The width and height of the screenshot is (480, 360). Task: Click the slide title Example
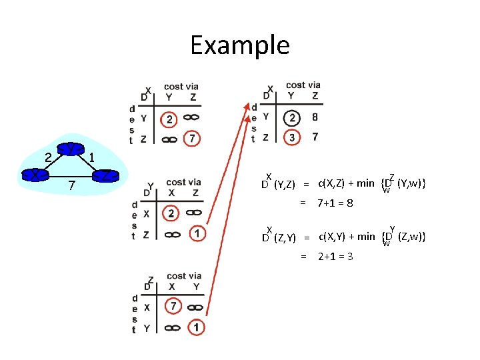point(239,45)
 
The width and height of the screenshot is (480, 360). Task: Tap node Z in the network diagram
point(105,177)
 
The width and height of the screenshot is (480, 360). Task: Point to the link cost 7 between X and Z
point(71,184)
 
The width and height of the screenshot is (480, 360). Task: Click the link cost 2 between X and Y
point(48,157)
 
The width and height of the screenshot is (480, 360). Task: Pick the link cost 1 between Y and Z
point(92,157)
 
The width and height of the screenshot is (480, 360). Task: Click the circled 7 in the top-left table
point(193,139)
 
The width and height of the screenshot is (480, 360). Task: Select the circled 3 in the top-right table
point(292,137)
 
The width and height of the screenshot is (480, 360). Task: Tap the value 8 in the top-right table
point(315,117)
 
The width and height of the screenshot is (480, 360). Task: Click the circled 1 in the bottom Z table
point(196,327)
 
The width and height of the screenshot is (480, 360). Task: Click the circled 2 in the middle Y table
point(171,213)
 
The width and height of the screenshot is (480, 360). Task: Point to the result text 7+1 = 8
point(335,203)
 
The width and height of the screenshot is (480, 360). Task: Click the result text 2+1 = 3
point(335,256)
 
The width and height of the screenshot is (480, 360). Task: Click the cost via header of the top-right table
point(303,85)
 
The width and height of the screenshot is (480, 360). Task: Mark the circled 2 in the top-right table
point(291,118)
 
